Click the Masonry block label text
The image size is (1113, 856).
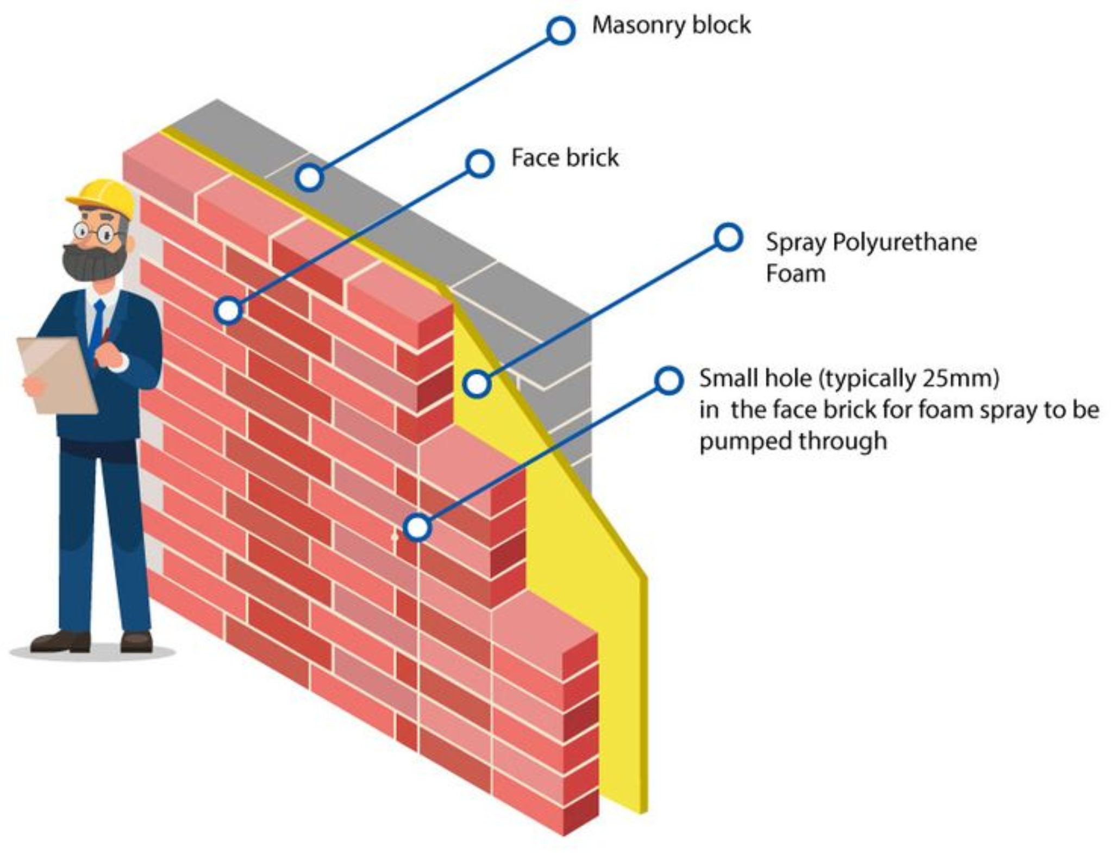[x=671, y=26]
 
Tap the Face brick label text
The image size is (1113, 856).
[x=565, y=158]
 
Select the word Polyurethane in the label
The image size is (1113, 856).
[x=904, y=242]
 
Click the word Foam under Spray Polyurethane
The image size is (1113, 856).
[x=795, y=274]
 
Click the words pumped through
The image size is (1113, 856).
[x=792, y=441]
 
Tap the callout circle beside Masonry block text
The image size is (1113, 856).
[x=560, y=30]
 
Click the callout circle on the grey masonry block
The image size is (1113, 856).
[x=309, y=177]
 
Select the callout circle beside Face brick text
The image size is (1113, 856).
[x=480, y=163]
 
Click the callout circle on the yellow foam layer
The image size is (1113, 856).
[x=477, y=383]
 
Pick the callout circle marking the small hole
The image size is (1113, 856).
[x=417, y=528]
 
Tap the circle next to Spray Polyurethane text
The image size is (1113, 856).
[x=728, y=238]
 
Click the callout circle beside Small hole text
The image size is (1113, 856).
[x=668, y=380]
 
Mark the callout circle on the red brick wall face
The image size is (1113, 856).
[x=228, y=311]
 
